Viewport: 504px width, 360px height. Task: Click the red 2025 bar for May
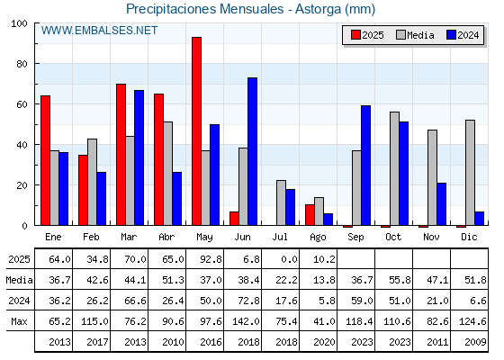click(197, 131)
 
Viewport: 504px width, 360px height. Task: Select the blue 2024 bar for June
click(252, 151)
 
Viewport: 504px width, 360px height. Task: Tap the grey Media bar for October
click(395, 169)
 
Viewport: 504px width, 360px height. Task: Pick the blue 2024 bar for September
click(365, 166)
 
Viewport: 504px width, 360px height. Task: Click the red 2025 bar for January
click(45, 160)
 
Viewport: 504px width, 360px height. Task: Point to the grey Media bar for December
click(470, 173)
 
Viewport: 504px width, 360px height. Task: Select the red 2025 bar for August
click(310, 215)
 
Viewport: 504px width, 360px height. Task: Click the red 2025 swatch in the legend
click(355, 35)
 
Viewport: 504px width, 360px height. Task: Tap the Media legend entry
click(415, 35)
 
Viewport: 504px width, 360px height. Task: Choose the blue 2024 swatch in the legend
click(451, 35)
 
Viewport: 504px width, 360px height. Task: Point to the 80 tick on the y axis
click(22, 64)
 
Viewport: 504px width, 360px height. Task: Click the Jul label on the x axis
click(280, 237)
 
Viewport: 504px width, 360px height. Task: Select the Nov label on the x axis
click(431, 237)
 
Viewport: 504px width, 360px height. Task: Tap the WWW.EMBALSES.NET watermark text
click(99, 31)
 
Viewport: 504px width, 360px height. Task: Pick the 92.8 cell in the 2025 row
click(211, 259)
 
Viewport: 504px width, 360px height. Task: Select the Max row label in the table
click(19, 321)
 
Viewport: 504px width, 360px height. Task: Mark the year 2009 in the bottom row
click(475, 342)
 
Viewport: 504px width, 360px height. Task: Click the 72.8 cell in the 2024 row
click(248, 301)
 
